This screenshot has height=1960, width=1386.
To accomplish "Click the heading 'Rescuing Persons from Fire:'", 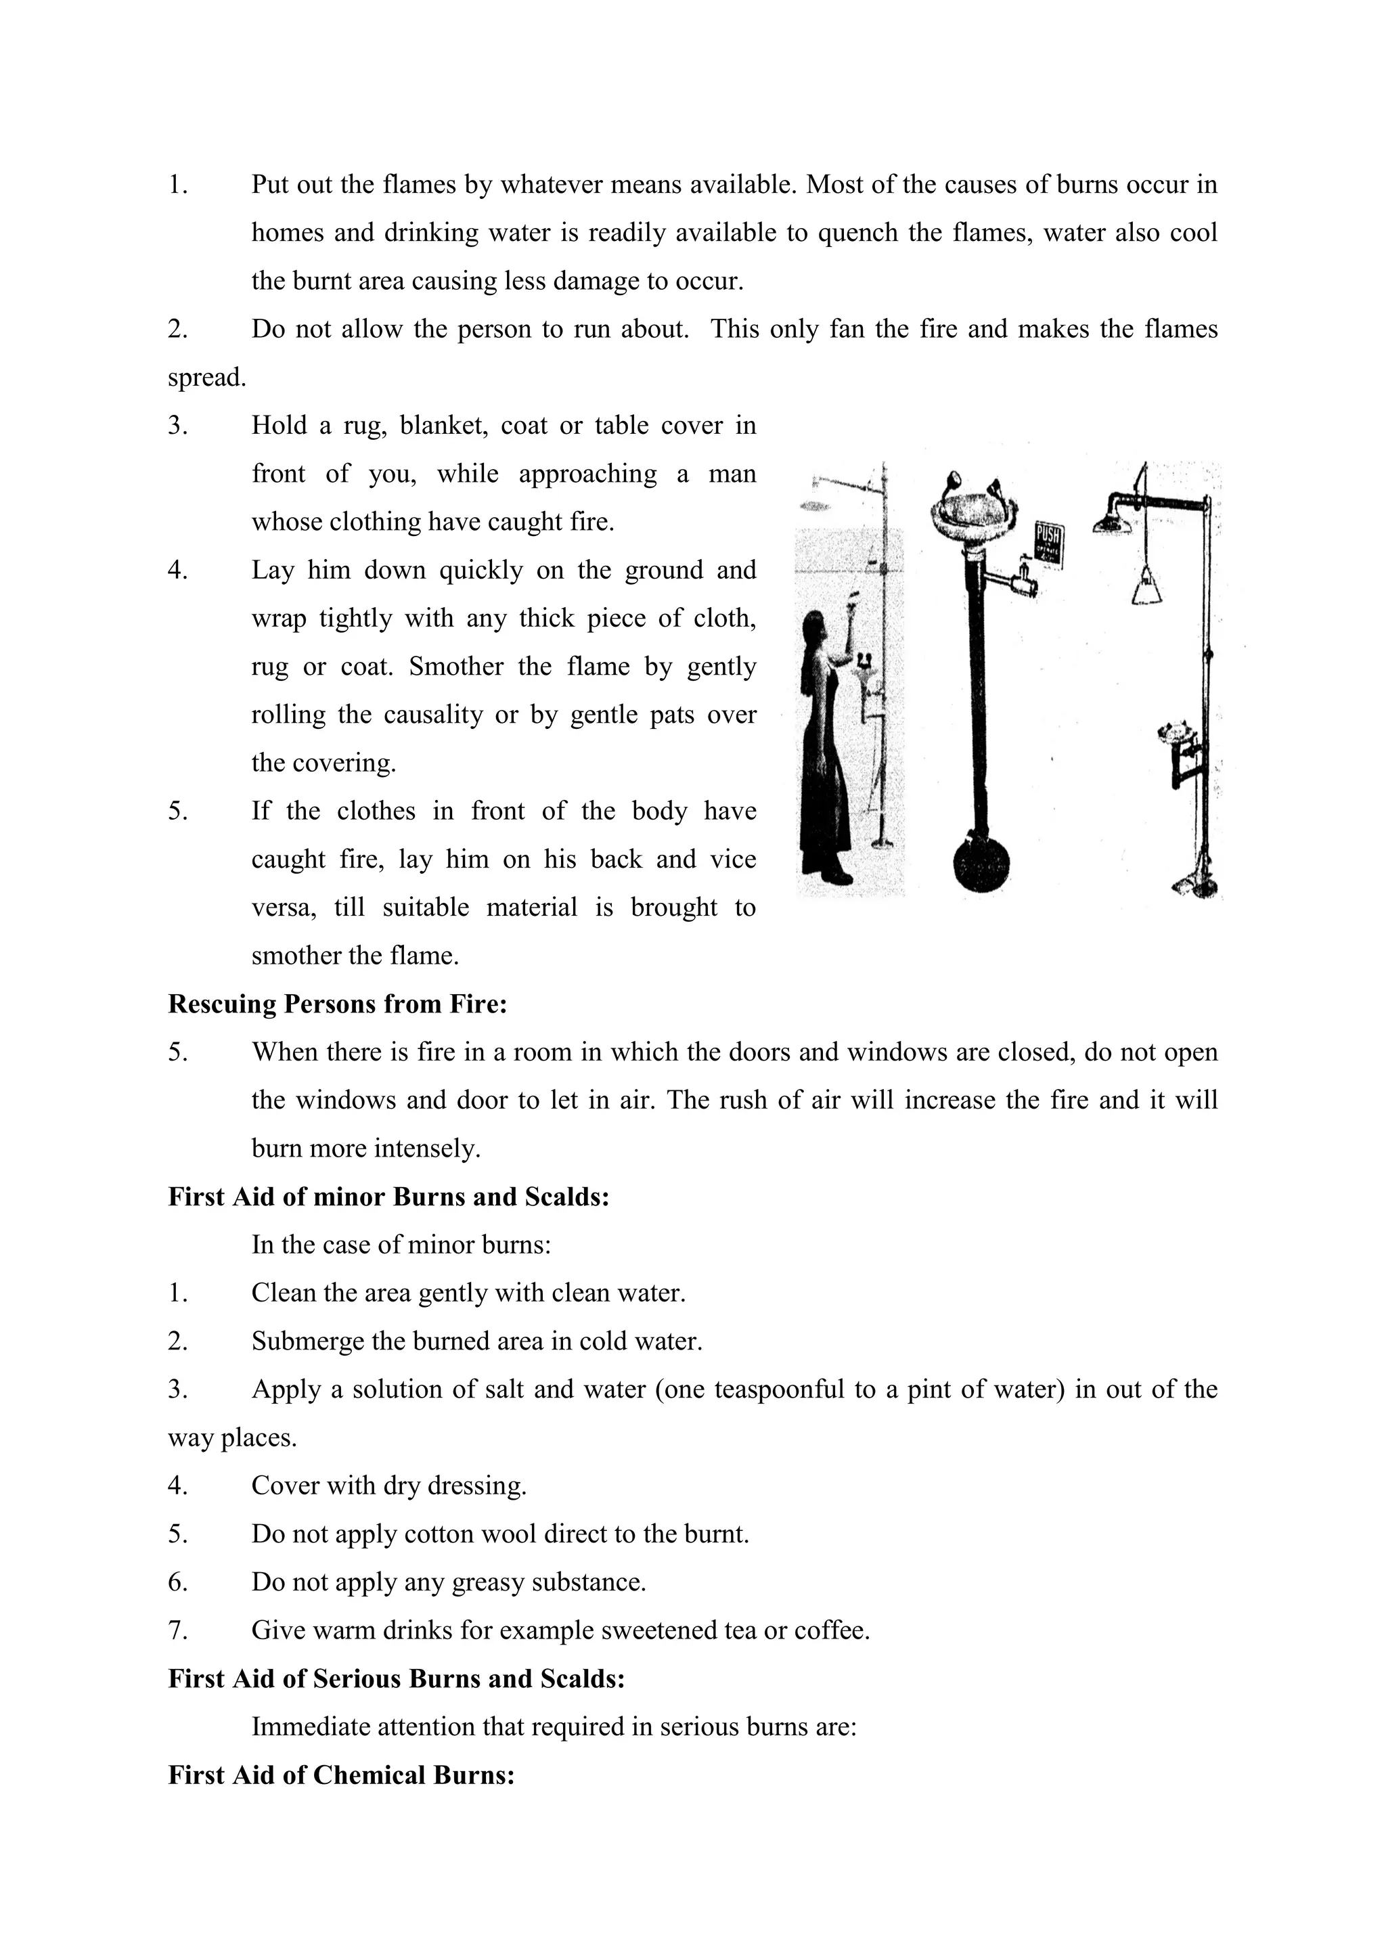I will pos(337,1004).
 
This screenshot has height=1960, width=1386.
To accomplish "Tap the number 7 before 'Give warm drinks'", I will pos(177,1630).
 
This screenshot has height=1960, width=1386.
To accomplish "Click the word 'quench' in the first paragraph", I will pos(857,233).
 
